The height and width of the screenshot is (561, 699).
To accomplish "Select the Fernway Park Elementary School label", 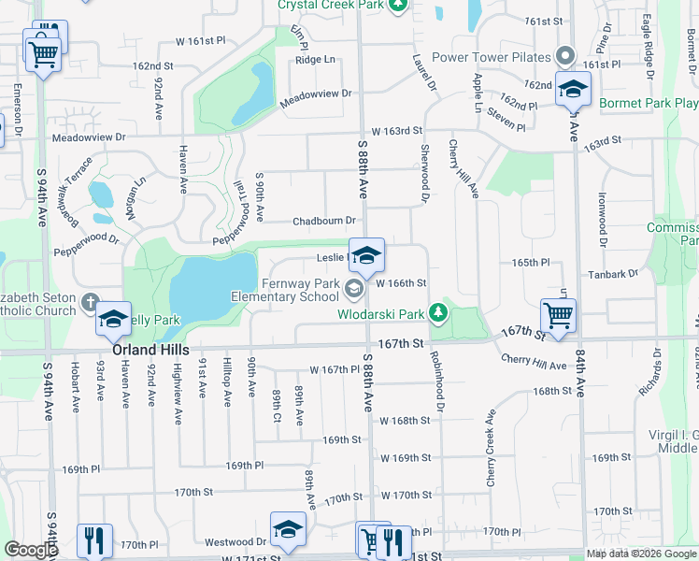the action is [287, 290].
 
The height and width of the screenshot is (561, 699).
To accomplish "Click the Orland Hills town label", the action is [151, 349].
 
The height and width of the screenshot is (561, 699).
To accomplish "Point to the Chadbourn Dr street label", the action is [324, 222].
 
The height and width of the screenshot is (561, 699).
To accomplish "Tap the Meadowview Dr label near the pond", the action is [321, 93].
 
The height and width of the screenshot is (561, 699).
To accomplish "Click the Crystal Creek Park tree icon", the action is [398, 6].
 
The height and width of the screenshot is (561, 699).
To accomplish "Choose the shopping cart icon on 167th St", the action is [558, 315].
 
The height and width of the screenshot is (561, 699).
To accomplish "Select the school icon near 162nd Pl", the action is [572, 89].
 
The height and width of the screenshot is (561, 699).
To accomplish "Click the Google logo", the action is [31, 550].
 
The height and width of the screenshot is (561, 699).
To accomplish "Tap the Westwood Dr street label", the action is [236, 541].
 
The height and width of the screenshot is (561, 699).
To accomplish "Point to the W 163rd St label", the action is [396, 132].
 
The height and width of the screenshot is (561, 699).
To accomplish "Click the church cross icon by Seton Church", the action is [89, 303].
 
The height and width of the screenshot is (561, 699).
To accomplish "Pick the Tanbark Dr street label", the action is [614, 274].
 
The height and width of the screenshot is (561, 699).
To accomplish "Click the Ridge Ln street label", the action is [315, 60].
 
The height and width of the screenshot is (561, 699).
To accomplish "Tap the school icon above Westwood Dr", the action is [288, 528].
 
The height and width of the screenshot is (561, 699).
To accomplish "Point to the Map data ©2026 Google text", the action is [640, 554].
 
